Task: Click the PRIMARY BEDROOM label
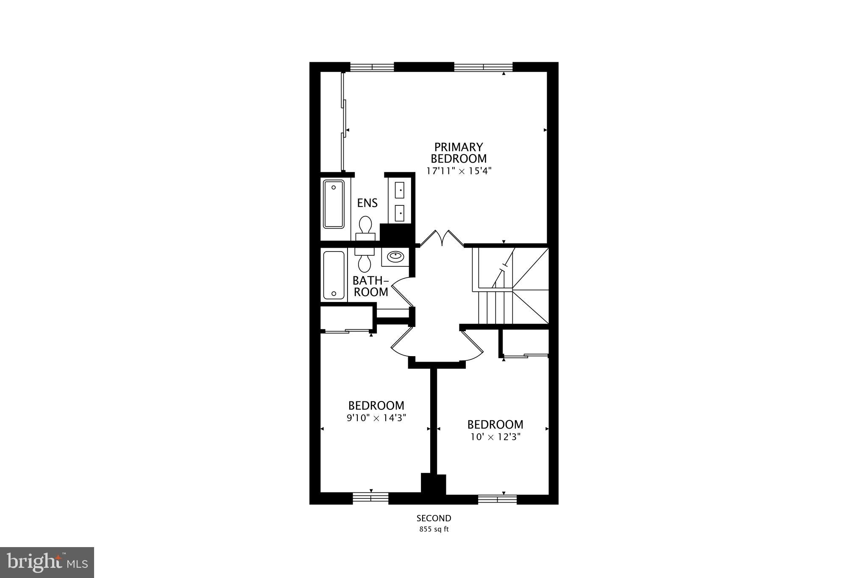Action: pyautogui.click(x=459, y=153)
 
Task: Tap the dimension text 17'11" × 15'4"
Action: pyautogui.click(x=459, y=171)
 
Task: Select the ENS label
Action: pyautogui.click(x=367, y=203)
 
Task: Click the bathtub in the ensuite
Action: pyautogui.click(x=334, y=204)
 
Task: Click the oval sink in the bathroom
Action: pyautogui.click(x=395, y=257)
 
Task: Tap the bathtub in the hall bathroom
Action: pyautogui.click(x=334, y=275)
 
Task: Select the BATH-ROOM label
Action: pyautogui.click(x=371, y=286)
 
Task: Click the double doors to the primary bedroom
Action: pyautogui.click(x=442, y=238)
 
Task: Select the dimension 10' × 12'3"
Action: pyautogui.click(x=495, y=437)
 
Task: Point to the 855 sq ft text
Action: pyautogui.click(x=434, y=529)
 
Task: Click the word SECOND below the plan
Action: pyautogui.click(x=434, y=518)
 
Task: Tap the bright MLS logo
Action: pyautogui.click(x=47, y=562)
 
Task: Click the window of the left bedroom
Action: pyautogui.click(x=371, y=498)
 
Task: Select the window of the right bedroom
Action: pyautogui.click(x=498, y=499)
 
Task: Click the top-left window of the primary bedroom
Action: pyautogui.click(x=372, y=67)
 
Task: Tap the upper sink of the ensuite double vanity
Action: pyautogui.click(x=400, y=190)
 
